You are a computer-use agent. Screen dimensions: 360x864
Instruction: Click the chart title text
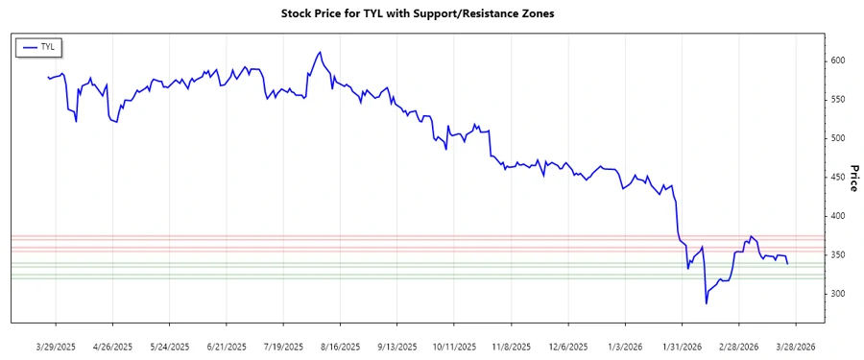click(431, 14)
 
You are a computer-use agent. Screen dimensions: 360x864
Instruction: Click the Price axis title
click(853, 177)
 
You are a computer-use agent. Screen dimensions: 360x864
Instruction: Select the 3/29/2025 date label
click(55, 346)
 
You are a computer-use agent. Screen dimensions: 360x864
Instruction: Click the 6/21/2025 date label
click(226, 346)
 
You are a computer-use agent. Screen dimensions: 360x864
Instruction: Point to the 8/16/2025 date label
click(340, 346)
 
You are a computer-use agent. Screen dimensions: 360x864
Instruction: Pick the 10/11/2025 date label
click(454, 346)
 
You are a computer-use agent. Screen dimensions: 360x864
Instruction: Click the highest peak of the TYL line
click(319, 52)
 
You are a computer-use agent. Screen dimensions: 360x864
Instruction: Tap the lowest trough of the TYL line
click(706, 303)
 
